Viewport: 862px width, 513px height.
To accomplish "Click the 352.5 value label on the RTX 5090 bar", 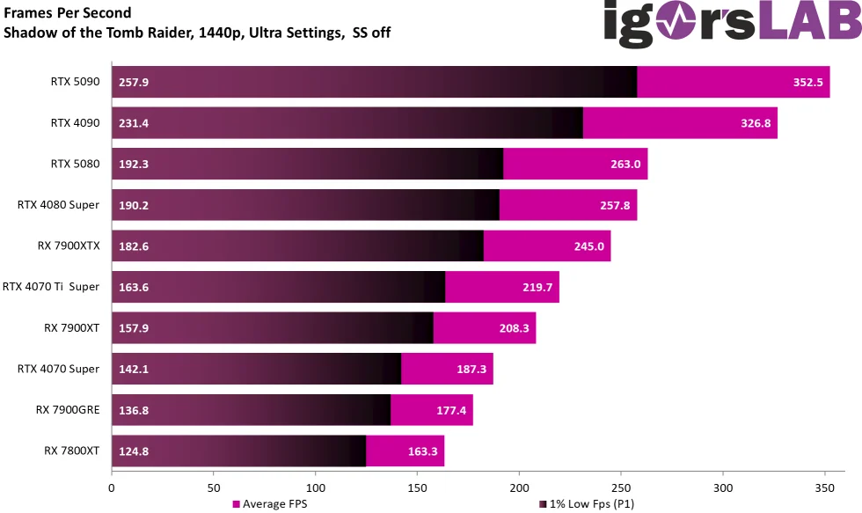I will [x=807, y=83].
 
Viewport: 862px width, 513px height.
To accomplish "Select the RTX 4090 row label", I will [x=75, y=123].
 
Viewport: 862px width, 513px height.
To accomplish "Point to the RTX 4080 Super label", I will [x=58, y=205].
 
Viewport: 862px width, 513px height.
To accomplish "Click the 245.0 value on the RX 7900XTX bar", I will [x=588, y=246].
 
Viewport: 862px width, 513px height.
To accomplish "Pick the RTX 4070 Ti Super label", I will [x=51, y=287].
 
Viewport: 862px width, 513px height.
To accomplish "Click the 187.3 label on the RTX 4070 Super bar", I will [x=471, y=370].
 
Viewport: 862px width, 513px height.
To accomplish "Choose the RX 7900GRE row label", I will [x=68, y=410].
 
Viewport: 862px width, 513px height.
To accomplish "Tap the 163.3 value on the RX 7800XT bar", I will [x=422, y=451].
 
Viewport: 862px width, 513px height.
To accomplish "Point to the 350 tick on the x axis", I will [x=825, y=487].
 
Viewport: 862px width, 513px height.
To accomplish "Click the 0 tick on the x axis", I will [x=112, y=487].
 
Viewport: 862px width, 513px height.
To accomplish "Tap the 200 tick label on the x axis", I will [x=519, y=487].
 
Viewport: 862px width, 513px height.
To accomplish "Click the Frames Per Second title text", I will [x=68, y=13].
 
